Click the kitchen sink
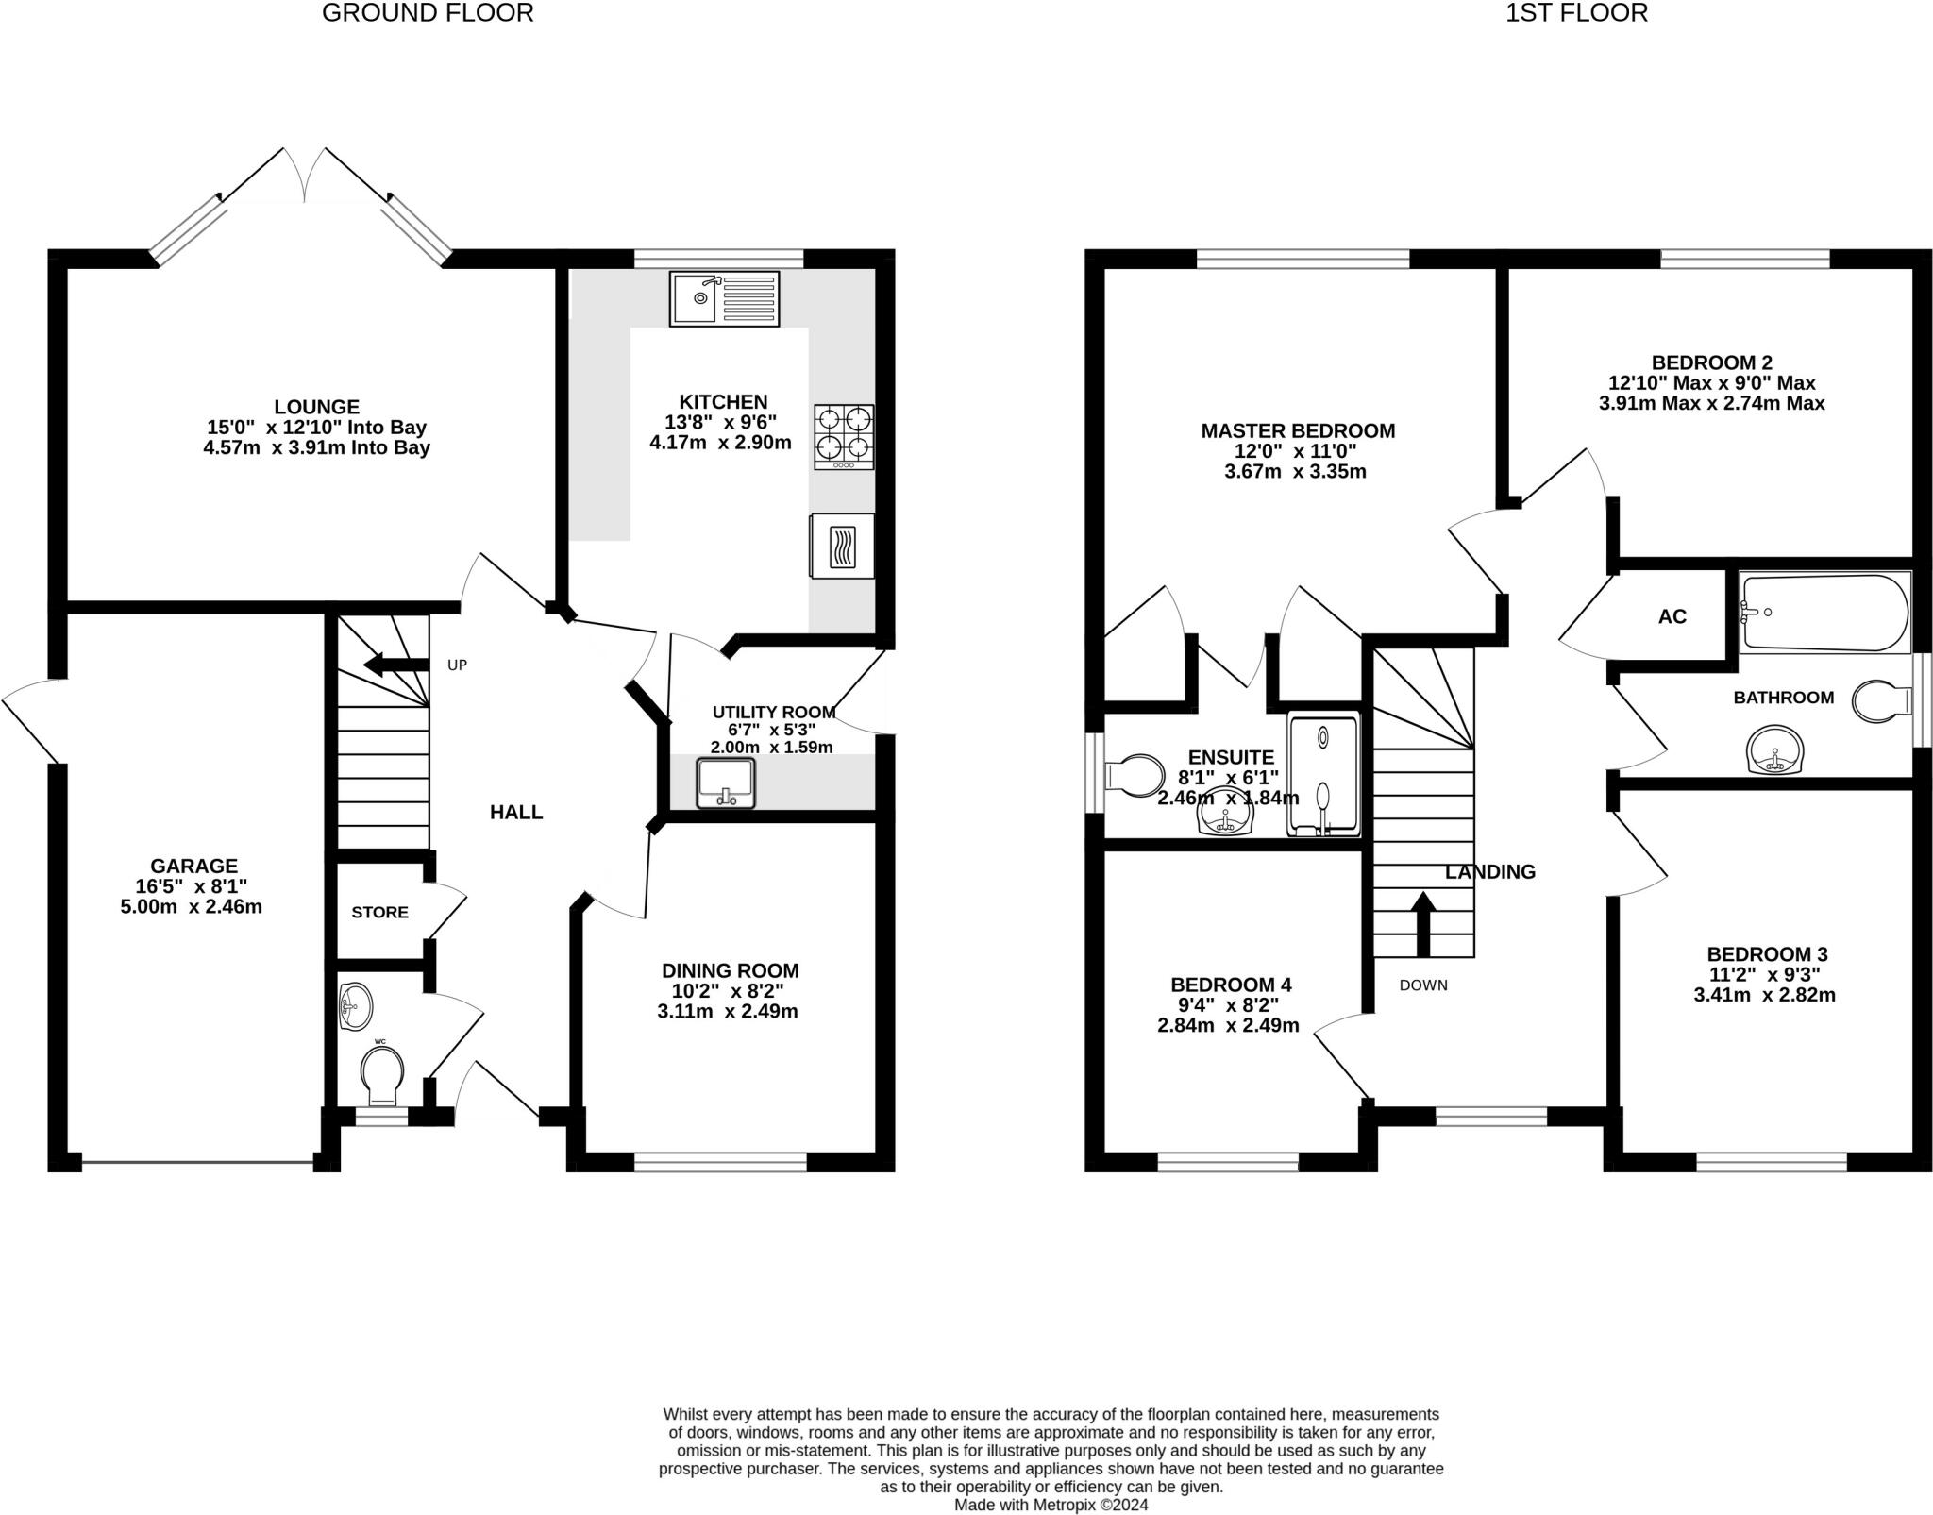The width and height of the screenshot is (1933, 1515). pos(724,298)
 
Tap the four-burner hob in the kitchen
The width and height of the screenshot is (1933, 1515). pos(844,437)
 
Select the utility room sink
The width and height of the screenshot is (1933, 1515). pos(726,783)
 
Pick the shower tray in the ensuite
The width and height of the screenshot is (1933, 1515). pos(1324,775)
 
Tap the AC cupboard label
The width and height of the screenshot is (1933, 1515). pos(1672,616)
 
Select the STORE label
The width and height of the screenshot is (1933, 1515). pos(379,912)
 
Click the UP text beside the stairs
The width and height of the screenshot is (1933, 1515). pos(457,665)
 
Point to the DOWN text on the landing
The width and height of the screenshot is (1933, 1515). pos(1423,985)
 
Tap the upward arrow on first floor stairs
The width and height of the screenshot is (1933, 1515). pos(1422,924)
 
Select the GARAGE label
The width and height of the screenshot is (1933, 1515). pos(194,866)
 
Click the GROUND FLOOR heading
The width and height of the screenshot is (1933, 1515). pos(428,12)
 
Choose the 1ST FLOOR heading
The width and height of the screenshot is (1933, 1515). pos(1576,12)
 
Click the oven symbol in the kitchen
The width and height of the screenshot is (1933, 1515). pos(841,546)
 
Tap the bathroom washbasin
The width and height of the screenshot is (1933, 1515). pos(1774,749)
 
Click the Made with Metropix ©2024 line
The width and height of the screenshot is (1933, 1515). pos(1051,1505)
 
